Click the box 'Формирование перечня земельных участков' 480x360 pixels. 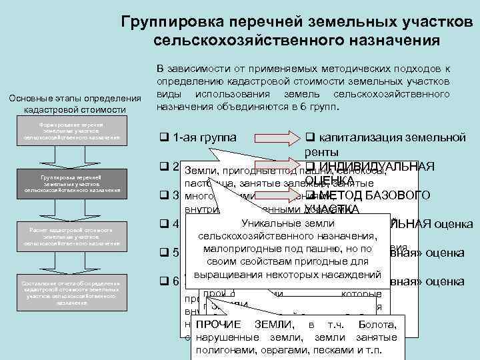pos(71,131)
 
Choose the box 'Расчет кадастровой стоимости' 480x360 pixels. pos(71,236)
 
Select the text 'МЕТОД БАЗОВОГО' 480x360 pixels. pos(390,195)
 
